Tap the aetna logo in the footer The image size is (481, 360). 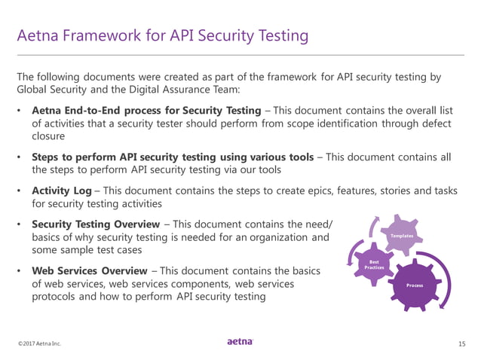pyautogui.click(x=240, y=341)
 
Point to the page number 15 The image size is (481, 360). pyautogui.click(x=461, y=343)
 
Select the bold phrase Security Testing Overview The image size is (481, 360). pyautogui.click(x=95, y=224)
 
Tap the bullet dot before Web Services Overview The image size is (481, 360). pyautogui.click(x=20, y=270)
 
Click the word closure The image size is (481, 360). pyautogui.click(x=50, y=137)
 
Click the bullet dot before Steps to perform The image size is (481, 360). pyautogui.click(x=20, y=157)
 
